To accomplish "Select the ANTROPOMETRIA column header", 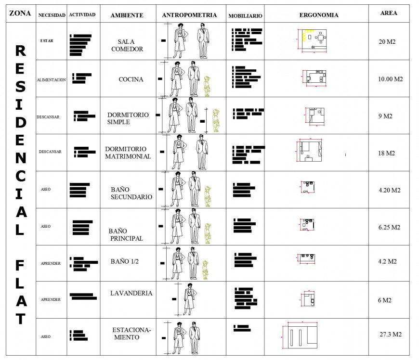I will pyautogui.click(x=189, y=15).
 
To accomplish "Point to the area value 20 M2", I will pyautogui.click(x=387, y=42).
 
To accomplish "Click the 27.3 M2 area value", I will pyautogui.click(x=390, y=334).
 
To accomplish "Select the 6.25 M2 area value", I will pyautogui.click(x=389, y=227).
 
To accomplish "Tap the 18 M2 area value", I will pyautogui.click(x=386, y=153).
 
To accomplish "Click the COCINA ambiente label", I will pyautogui.click(x=131, y=79).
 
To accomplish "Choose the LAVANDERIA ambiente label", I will pyautogui.click(x=131, y=293).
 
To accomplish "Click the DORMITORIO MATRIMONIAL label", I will pyautogui.click(x=128, y=153).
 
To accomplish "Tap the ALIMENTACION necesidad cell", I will pyautogui.click(x=51, y=80).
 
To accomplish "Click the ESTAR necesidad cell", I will pyautogui.click(x=47, y=41).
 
